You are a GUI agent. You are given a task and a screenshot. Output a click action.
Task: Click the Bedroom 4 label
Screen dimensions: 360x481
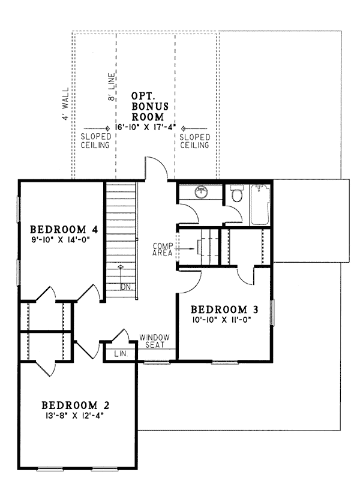point(64,229)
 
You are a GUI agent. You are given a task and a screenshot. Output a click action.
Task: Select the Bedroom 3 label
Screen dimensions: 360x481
point(224,309)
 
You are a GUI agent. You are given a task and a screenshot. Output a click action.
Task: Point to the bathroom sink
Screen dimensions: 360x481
point(201,193)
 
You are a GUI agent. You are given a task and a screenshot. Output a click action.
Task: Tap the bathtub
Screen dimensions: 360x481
point(260,205)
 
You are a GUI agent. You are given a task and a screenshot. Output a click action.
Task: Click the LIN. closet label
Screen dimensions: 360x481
point(121,354)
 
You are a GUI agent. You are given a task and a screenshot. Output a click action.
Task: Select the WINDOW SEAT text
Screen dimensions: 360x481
point(154,341)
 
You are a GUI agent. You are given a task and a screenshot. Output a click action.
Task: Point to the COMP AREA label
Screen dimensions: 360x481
point(163,249)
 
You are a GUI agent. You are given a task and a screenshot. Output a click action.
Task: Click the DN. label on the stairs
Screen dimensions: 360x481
point(126,287)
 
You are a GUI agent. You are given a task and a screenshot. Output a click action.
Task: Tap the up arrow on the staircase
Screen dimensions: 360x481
point(121,276)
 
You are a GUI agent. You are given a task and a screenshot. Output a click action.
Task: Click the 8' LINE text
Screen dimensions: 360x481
point(112,86)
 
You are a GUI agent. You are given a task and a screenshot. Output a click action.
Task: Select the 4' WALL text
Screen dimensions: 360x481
point(65,104)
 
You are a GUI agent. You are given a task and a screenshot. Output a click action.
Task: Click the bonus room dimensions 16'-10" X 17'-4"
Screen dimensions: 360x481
point(145,128)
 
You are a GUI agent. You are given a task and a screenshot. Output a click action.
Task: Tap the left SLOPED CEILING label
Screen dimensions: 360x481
point(95,141)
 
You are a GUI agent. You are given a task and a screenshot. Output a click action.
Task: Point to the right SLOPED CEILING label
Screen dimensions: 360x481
point(194,141)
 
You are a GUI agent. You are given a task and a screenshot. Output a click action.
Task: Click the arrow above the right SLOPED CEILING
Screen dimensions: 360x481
point(194,128)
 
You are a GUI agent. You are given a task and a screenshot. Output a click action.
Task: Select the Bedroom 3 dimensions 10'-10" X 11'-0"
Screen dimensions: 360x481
point(222,320)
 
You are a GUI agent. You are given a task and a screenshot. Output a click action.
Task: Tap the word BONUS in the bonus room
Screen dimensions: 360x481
point(151,106)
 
